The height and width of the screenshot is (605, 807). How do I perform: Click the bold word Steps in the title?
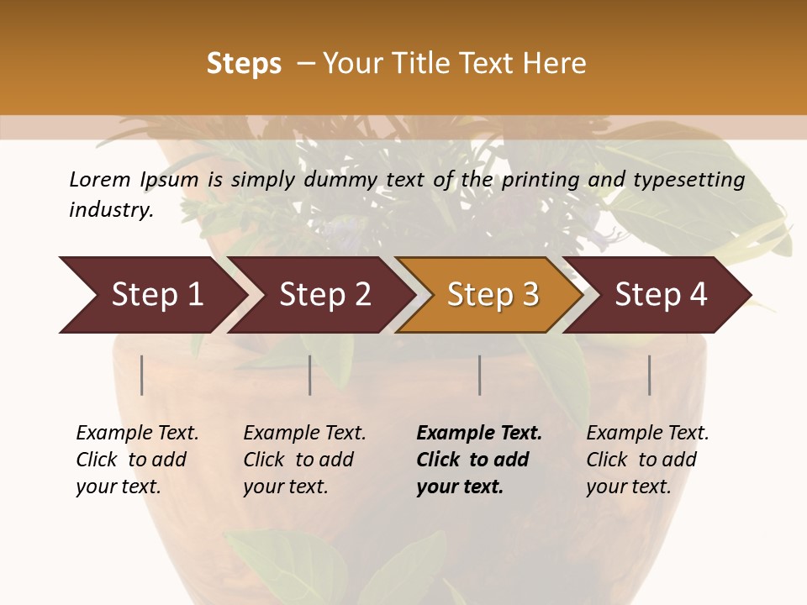pos(244,64)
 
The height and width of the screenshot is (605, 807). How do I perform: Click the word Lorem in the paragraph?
pos(99,179)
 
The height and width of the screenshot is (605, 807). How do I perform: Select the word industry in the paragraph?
pos(110,210)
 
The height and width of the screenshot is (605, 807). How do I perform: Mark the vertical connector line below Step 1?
pos(142,375)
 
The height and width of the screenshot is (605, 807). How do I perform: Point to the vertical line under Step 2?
pos(310,375)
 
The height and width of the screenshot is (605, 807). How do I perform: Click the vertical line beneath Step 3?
pos(479,375)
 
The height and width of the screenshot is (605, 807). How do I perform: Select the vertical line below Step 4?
pos(649,375)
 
